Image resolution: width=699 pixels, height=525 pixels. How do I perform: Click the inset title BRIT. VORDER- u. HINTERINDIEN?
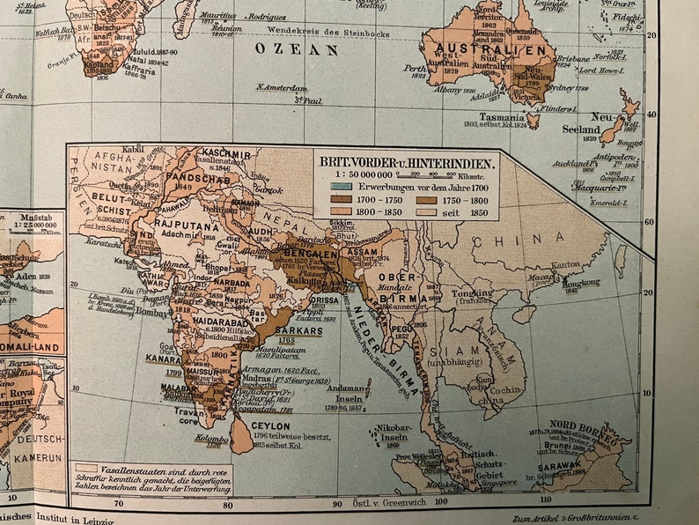click(408, 162)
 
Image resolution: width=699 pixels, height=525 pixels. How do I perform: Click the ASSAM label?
click(363, 252)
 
